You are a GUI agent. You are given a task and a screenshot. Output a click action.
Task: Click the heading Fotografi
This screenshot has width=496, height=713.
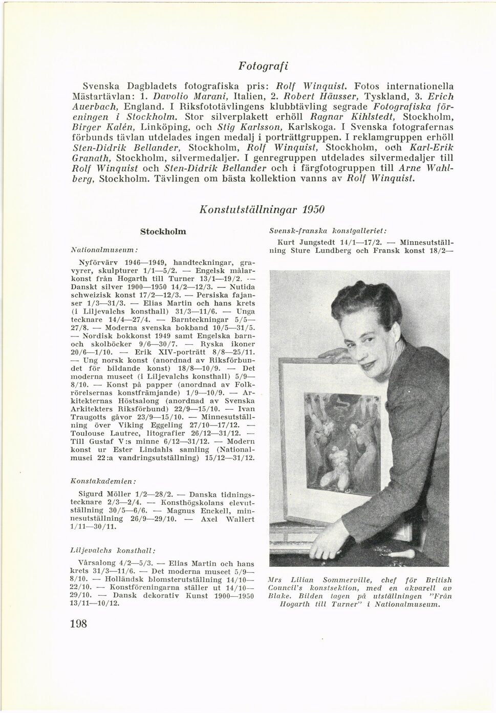coord(263,66)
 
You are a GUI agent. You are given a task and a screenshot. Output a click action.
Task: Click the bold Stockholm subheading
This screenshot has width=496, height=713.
coord(163,232)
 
